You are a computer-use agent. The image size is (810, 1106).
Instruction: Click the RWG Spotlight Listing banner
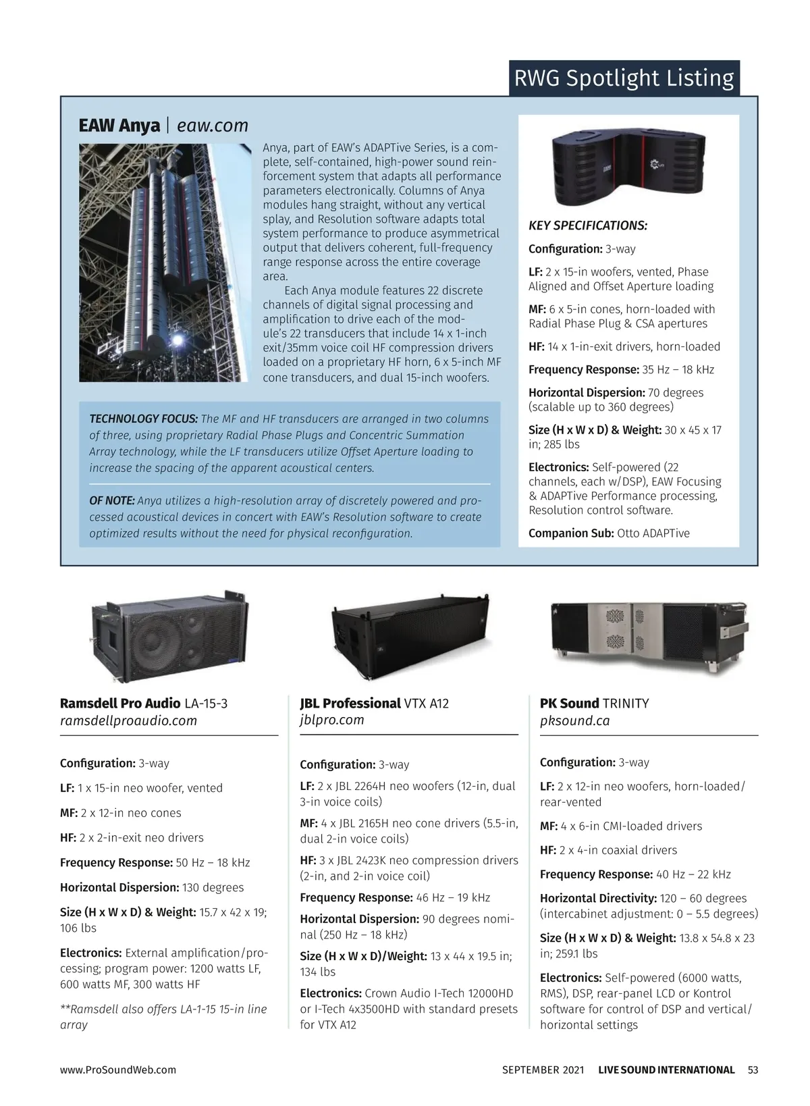624,78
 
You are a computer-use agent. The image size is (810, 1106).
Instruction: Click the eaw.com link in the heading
212,126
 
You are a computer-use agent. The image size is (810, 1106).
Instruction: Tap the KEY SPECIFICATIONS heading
588,226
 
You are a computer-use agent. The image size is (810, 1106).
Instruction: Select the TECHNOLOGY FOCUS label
143,419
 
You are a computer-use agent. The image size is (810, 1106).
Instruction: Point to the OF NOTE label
112,501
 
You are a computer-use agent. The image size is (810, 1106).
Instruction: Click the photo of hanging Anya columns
165,263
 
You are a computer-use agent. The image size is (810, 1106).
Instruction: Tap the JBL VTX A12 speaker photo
410,637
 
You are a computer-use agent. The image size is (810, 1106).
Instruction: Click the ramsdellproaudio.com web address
128,720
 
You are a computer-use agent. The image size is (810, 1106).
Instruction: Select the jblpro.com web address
331,720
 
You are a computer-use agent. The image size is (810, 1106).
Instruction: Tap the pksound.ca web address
574,720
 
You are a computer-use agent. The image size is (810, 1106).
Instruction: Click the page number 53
753,1070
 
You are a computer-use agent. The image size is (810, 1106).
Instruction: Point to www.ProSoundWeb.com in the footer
118,1070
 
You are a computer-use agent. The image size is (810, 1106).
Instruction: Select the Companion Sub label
571,533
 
